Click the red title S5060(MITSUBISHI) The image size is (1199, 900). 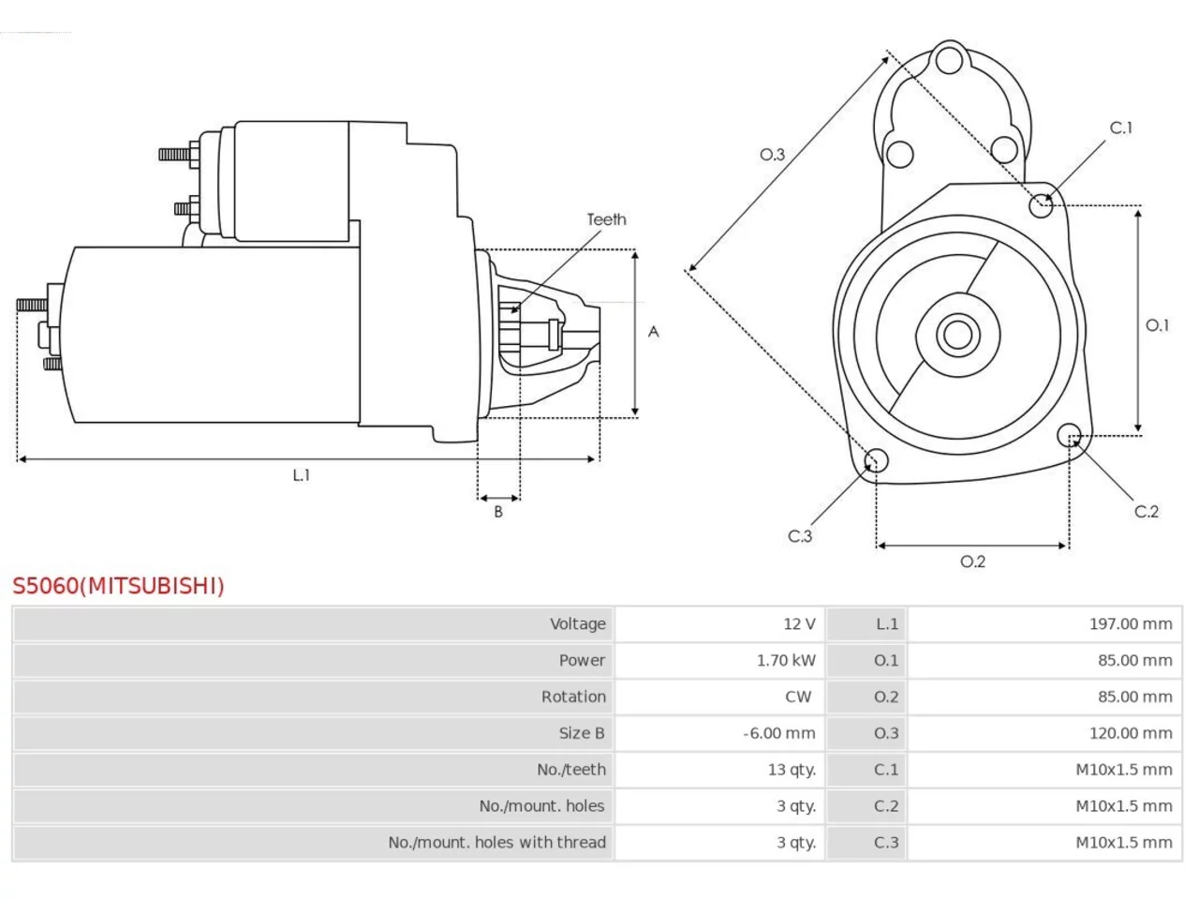coord(118,585)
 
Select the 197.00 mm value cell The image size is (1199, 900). coord(1044,623)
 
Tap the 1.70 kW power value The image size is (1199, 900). coord(786,660)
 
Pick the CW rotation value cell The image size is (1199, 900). coord(719,697)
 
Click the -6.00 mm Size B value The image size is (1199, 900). coord(779,733)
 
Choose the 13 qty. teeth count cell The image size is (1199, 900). coord(719,770)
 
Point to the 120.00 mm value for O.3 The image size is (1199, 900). coord(1131,733)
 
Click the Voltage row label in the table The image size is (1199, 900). coord(577,623)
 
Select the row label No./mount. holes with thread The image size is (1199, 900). coord(496,842)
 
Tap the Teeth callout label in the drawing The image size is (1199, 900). coord(606,219)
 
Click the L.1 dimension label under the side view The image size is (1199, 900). coord(301,475)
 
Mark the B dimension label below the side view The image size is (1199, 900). coord(498,512)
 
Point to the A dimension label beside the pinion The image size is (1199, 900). coord(653,332)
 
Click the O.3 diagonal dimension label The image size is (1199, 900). coord(772,155)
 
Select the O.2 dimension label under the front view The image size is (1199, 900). coord(972,562)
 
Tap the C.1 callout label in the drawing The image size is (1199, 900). coord(1120,127)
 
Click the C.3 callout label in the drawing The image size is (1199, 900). coord(800,536)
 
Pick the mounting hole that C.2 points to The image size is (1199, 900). coord(1069,435)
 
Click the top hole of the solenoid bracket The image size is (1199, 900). coord(949,60)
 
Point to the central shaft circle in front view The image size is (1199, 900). coord(957,335)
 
